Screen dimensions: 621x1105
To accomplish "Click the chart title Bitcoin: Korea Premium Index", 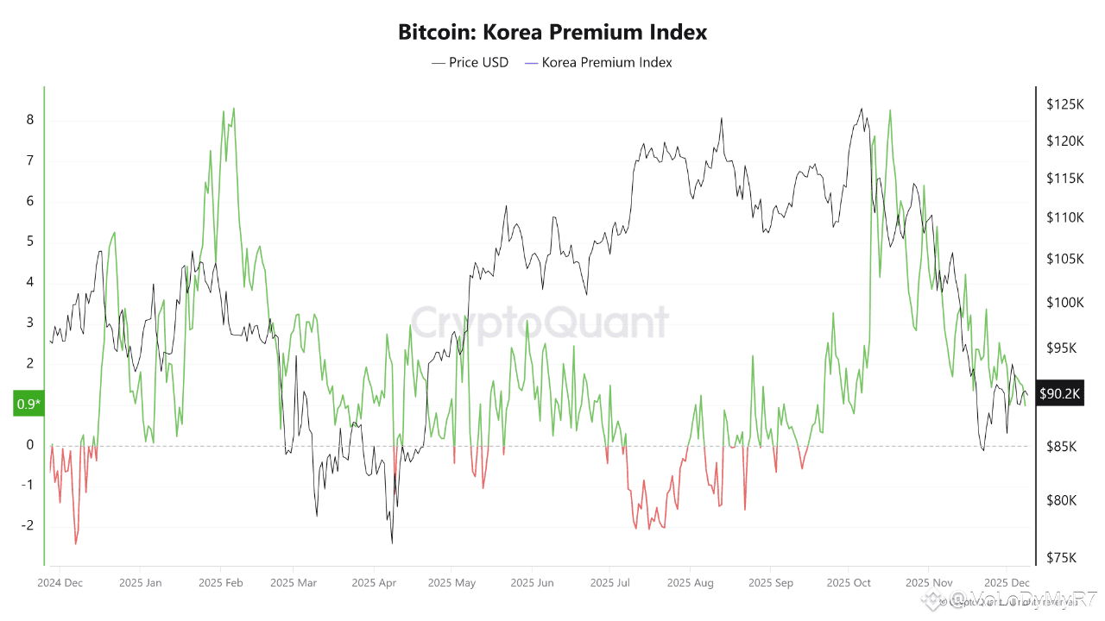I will point(552,33).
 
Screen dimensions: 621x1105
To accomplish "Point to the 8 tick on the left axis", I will point(30,120).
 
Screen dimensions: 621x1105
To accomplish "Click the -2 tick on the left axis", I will point(28,525).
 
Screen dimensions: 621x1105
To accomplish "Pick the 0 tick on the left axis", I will point(30,445).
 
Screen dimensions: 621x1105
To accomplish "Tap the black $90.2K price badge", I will point(1058,393).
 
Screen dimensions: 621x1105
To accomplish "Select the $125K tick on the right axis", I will point(1064,104).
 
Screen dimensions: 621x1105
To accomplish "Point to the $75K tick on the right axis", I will point(1062,557).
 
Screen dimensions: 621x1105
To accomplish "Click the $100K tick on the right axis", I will point(1064,302).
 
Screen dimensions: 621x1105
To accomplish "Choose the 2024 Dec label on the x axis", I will point(60,582).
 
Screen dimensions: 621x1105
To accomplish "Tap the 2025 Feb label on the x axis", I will point(220,582).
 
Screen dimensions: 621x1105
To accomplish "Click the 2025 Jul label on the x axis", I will point(610,582).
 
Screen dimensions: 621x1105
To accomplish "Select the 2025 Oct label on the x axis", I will point(850,582).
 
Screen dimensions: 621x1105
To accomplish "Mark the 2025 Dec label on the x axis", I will point(1007,582).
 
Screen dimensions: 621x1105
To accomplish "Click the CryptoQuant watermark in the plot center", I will point(539,323).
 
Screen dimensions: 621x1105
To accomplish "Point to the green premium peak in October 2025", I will point(889,110).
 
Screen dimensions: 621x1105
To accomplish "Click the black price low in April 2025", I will point(392,543).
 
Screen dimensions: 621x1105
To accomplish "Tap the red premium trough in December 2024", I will point(75,543).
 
